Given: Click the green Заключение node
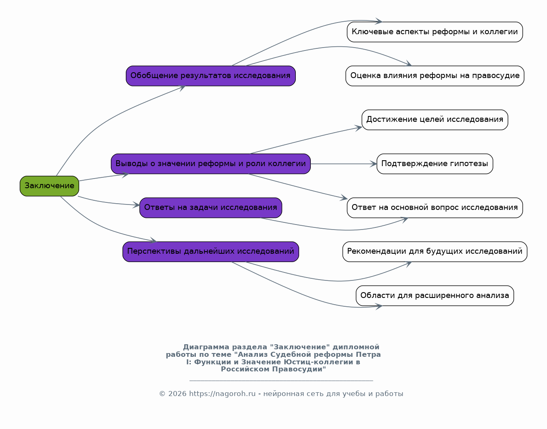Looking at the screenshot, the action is click(49, 186).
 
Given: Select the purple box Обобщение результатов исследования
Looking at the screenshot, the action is click(211, 76).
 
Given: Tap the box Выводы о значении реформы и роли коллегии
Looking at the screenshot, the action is click(211, 164).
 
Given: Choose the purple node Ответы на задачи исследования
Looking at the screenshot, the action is click(211, 208).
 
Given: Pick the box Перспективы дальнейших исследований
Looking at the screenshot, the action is click(211, 252).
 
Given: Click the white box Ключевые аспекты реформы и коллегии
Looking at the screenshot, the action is click(435, 32).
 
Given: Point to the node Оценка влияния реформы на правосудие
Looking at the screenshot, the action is click(435, 76).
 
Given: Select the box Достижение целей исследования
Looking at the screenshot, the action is click(435, 120).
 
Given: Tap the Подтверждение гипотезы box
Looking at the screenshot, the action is click(435, 164).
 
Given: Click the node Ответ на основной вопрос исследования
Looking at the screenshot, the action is click(435, 208).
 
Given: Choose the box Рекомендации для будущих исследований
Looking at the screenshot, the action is click(435, 252).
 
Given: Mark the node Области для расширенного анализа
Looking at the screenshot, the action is click(435, 295).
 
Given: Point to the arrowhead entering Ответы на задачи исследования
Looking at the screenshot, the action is click(136, 205).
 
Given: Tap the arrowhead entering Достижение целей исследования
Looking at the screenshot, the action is click(358, 128).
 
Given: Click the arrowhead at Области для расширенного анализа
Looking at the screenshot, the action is click(379, 306).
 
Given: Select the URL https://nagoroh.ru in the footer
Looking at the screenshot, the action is click(222, 394).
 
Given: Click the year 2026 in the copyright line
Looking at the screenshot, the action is click(177, 394).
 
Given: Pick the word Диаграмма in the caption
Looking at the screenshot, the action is click(206, 347).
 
